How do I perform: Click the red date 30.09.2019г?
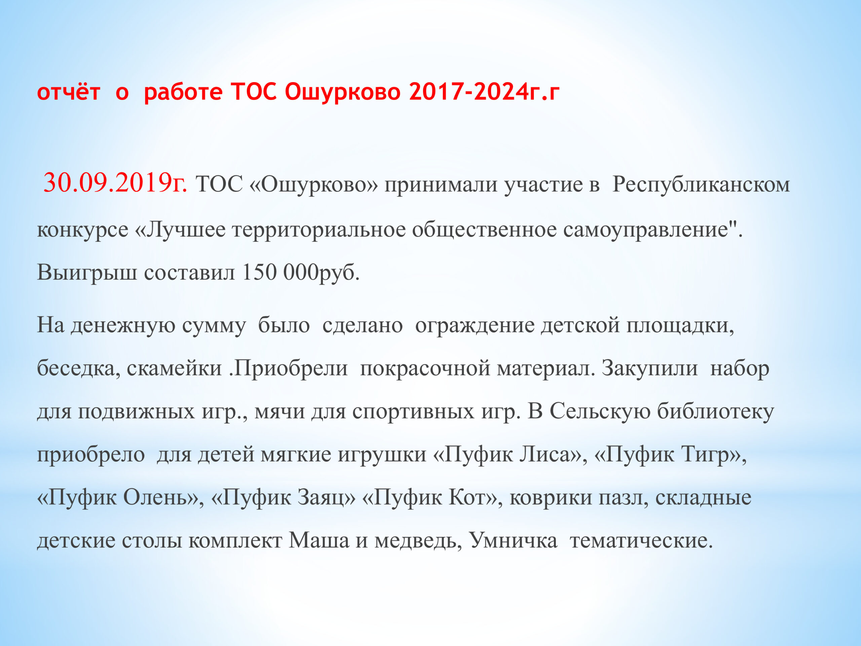115,183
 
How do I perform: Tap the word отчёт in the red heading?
69,92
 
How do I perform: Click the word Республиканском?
701,184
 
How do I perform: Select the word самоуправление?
646,230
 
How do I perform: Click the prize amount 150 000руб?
300,272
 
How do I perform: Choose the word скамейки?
174,368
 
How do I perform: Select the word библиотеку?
716,411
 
